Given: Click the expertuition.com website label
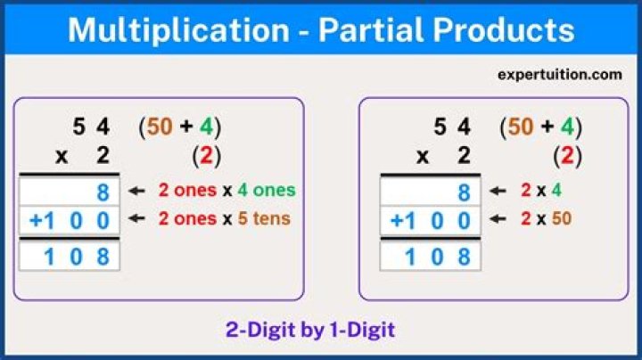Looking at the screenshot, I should pyautogui.click(x=559, y=75).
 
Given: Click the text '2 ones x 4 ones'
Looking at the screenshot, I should pyautogui.click(x=226, y=190).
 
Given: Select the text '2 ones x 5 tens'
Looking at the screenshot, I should pyautogui.click(x=224, y=217).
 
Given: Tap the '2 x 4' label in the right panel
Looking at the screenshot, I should pyautogui.click(x=541, y=190).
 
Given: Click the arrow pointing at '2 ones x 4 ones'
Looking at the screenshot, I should pyautogui.click(x=136, y=191).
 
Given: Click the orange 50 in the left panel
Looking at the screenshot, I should pyautogui.click(x=160, y=127).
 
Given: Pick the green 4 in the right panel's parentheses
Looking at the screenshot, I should pyautogui.click(x=567, y=127).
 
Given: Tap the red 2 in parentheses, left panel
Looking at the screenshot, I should pyautogui.click(x=207, y=156).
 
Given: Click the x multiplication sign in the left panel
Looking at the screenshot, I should pyautogui.click(x=62, y=157).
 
